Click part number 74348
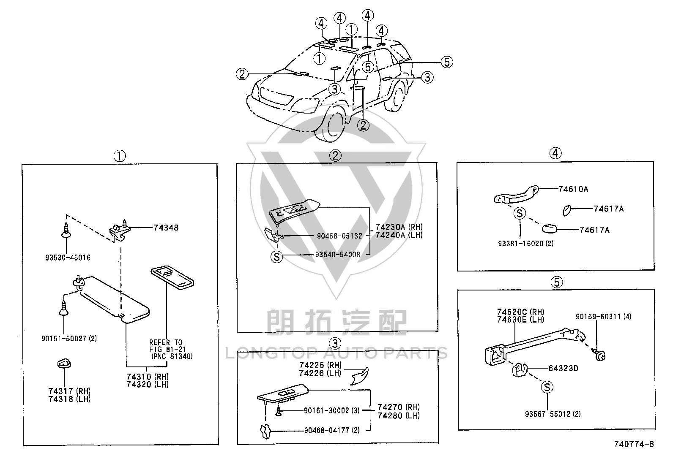click(166, 228)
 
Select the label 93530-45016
click(68, 258)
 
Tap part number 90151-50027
click(64, 339)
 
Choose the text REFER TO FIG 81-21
click(168, 346)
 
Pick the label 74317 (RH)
click(69, 391)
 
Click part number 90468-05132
click(339, 236)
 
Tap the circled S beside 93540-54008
click(277, 257)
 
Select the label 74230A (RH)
click(399, 227)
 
